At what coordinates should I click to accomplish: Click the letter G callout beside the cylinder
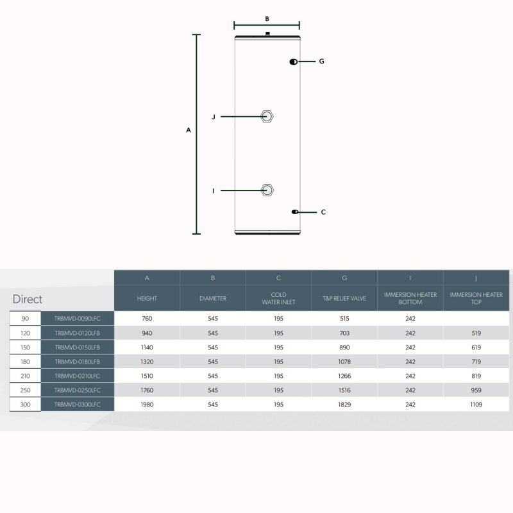click(322, 61)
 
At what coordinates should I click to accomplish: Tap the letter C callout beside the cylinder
click(323, 212)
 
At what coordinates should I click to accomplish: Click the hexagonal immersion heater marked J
click(267, 117)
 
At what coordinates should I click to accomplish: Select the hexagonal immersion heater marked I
click(267, 190)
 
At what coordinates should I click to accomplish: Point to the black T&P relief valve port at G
click(294, 62)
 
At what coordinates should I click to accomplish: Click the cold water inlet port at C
click(295, 212)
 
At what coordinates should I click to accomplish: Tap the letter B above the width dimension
click(267, 19)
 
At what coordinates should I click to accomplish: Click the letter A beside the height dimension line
click(189, 130)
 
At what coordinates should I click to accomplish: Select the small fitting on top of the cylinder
click(267, 33)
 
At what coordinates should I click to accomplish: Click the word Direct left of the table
click(28, 299)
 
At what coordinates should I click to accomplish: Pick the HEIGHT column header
click(147, 298)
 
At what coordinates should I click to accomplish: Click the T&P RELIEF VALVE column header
click(344, 298)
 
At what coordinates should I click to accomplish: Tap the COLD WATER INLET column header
click(279, 298)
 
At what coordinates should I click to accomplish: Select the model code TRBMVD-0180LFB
click(78, 362)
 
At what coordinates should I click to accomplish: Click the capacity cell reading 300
click(25, 405)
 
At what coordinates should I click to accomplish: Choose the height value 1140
click(147, 348)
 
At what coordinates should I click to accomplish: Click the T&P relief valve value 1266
click(344, 376)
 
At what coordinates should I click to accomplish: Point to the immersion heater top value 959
click(476, 390)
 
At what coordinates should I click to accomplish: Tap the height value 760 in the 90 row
click(147, 318)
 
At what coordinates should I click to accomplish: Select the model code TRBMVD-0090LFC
click(78, 318)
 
